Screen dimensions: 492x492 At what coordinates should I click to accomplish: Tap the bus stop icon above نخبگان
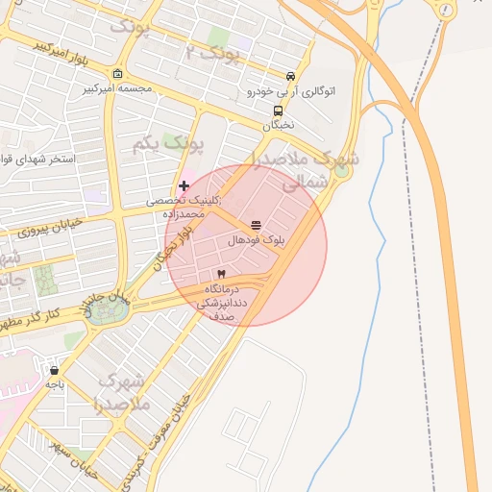[278, 111]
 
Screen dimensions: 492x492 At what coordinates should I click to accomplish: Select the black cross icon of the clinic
[184, 185]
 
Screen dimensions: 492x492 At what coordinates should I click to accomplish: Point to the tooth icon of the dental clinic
[222, 275]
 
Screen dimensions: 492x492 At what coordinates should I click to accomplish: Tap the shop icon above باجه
[54, 369]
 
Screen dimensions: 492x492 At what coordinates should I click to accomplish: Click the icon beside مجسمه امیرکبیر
[117, 74]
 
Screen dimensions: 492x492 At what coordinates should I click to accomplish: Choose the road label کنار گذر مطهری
[42, 316]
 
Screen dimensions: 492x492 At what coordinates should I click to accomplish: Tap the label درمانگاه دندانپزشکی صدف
[222, 301]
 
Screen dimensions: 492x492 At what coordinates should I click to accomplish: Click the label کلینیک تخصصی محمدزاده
[184, 208]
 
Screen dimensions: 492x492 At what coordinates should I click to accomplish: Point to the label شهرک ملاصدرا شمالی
[307, 169]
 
